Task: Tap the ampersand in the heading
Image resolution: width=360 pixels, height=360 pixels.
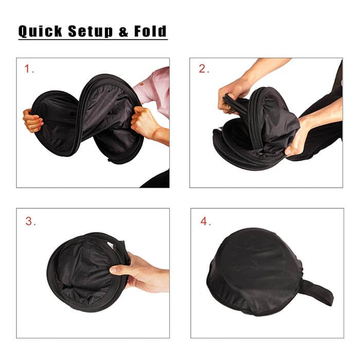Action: [x=124, y=31]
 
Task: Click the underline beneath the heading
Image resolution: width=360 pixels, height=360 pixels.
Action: [x=93, y=39]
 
